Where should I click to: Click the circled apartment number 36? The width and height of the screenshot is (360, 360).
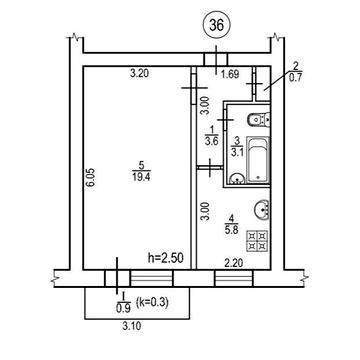(216, 26)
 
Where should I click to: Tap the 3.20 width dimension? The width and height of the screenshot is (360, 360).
(139, 74)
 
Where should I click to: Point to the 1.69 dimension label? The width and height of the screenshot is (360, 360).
(230, 74)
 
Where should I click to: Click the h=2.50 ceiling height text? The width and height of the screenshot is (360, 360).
(166, 258)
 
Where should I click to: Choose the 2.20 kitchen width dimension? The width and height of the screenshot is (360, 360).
(233, 264)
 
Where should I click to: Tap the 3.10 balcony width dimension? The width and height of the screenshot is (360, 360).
(132, 326)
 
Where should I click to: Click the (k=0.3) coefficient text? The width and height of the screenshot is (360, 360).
(152, 303)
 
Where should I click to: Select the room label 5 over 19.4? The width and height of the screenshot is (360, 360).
(141, 170)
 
